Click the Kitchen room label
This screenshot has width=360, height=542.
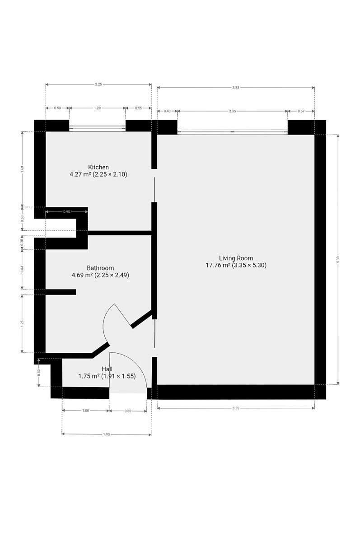click(98, 167)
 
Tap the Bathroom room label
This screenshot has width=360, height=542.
click(100, 268)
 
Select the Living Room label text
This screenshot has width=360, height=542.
click(236, 258)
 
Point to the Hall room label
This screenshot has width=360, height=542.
click(107, 369)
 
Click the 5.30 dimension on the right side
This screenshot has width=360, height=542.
click(338, 259)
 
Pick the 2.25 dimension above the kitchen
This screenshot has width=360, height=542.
click(98, 84)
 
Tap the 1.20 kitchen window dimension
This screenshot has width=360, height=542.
click(97, 108)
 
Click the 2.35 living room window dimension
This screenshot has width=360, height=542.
click(232, 111)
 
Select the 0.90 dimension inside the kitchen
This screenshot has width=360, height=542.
click(66, 212)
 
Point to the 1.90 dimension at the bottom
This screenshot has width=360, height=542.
click(107, 435)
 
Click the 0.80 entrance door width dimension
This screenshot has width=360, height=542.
click(128, 411)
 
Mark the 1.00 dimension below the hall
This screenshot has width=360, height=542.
click(86, 411)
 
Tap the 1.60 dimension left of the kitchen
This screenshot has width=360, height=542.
click(22, 169)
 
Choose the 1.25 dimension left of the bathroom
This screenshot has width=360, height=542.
click(22, 323)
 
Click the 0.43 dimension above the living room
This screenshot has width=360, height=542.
click(167, 111)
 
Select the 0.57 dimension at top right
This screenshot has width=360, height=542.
click(301, 111)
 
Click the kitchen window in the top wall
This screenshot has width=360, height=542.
click(97, 128)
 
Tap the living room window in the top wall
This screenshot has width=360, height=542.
click(232, 131)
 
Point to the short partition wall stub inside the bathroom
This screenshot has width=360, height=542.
click(61, 292)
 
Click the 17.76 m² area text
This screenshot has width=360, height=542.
click(217, 265)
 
